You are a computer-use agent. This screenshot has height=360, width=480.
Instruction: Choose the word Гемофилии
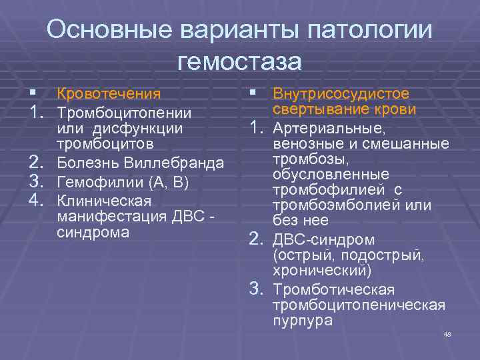coord(100,181)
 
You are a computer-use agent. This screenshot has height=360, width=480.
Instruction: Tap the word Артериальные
coord(329,128)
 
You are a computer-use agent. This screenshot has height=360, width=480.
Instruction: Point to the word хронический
coord(322,271)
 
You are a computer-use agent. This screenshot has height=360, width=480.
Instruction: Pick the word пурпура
coord(302,321)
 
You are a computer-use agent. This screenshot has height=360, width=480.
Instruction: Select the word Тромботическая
coord(335,289)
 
